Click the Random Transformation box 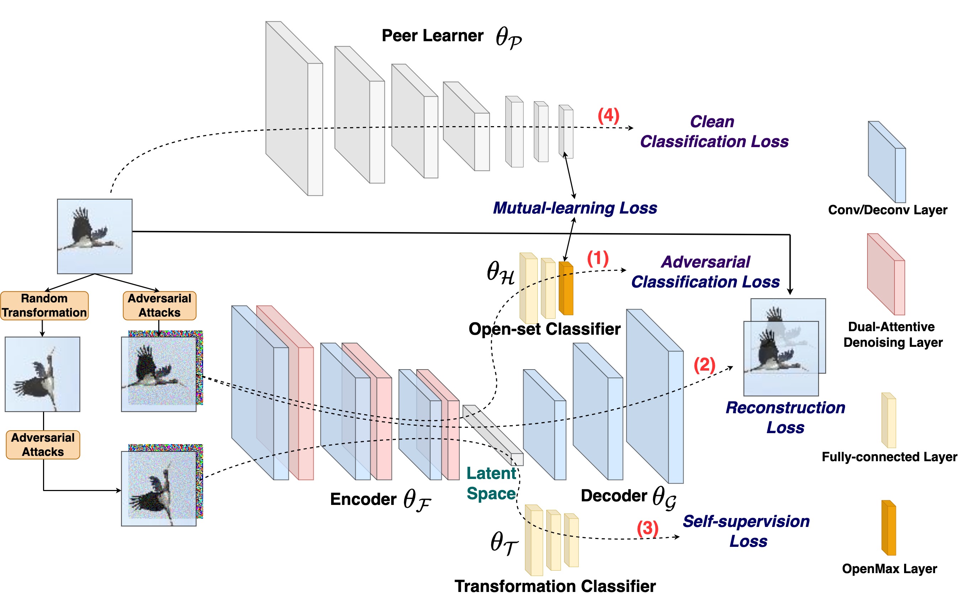coord(44,305)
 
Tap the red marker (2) coord(704,365)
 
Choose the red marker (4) coord(608,115)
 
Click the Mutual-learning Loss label coord(575,208)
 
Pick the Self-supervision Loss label coord(747,531)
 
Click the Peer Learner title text coord(432,36)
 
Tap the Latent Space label coord(491,483)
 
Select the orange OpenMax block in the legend coord(888,528)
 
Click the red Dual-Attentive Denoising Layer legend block coord(886,274)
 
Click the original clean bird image coord(95,236)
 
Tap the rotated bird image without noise coord(42,374)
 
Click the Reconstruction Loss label coord(785,417)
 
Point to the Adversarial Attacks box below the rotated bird coord(43,445)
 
